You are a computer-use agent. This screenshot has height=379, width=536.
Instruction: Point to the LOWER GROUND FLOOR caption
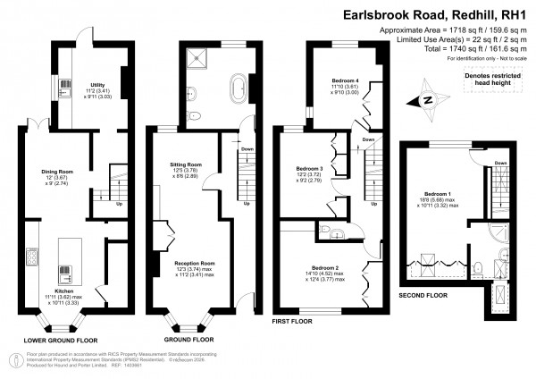pos(60,341)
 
